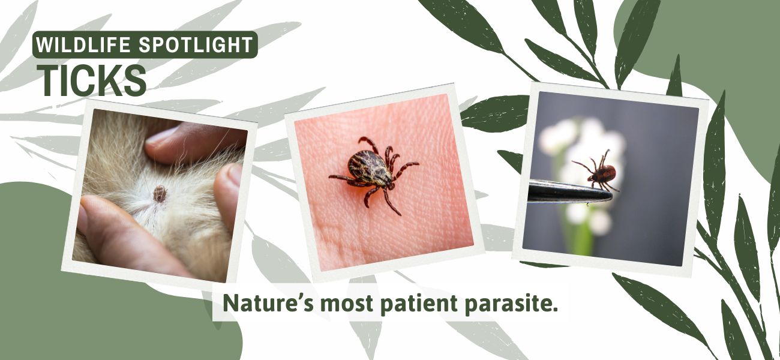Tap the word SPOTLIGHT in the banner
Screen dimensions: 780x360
[196, 44]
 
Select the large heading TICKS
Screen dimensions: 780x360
[92, 80]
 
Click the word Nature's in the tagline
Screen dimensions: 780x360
[268, 303]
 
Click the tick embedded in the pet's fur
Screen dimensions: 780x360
[160, 194]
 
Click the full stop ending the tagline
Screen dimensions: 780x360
[555, 310]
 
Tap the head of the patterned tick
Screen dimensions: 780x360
[389, 185]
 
